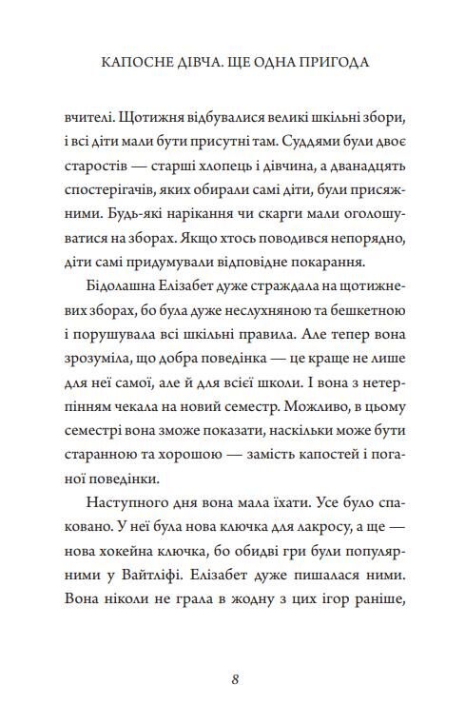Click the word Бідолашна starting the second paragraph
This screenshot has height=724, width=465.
[x=122, y=294]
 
